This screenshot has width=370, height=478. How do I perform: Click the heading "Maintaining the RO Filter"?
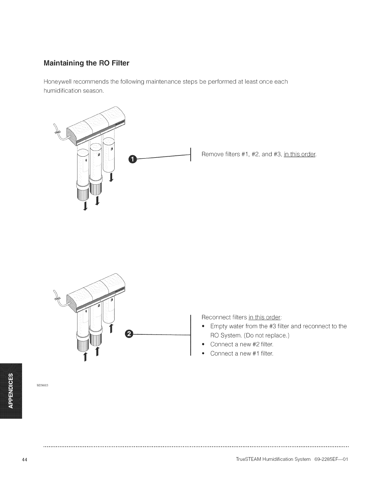click(x=86, y=63)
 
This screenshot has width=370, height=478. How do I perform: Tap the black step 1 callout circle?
click(x=133, y=159)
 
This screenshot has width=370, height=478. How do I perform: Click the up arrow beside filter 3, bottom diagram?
click(x=111, y=329)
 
